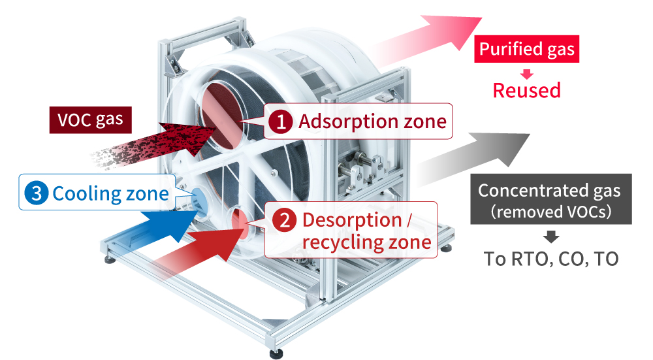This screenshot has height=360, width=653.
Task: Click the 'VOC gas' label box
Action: pyautogui.click(x=91, y=120)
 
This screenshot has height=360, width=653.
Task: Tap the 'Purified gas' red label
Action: pyautogui.click(x=526, y=50)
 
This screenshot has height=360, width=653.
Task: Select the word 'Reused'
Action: pyautogui.click(x=526, y=90)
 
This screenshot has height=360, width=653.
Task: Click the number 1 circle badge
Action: pyautogui.click(x=281, y=122)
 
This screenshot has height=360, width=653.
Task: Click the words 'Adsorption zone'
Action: pyautogui.click(x=372, y=122)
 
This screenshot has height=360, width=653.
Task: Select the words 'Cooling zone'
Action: pyautogui.click(x=110, y=193)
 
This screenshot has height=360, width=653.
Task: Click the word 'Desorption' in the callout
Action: pyautogui.click(x=351, y=220)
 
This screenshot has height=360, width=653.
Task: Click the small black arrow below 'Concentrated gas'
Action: pyautogui.click(x=550, y=236)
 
